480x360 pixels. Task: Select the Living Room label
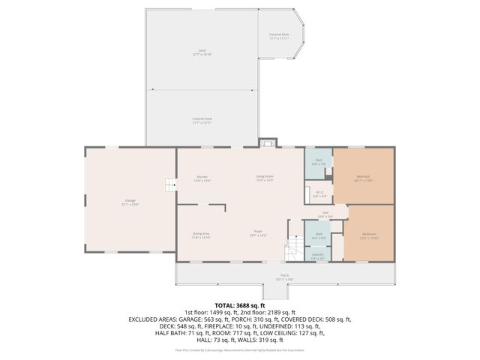(264, 178)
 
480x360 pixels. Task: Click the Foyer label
(258, 234)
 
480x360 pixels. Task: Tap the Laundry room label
(318, 256)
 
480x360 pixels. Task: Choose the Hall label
(325, 214)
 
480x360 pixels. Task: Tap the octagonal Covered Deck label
(280, 36)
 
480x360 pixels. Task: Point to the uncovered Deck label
(202, 52)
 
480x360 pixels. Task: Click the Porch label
(285, 277)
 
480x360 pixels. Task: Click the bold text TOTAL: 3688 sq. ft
(240, 305)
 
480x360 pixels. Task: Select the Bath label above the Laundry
(319, 236)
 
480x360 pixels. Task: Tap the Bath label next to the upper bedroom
(319, 161)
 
